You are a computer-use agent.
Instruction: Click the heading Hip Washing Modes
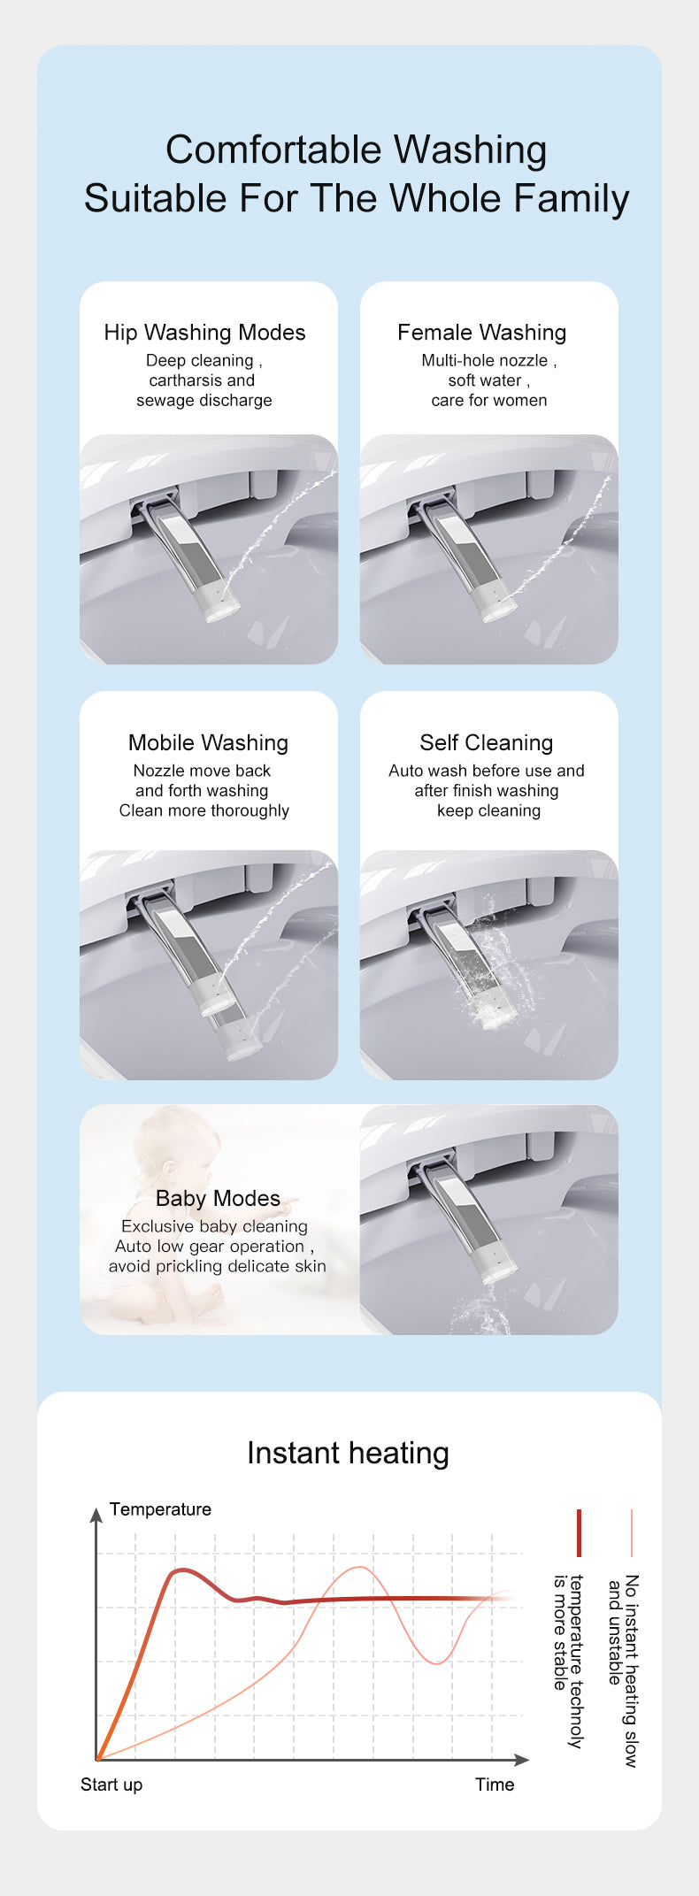pyautogui.click(x=204, y=333)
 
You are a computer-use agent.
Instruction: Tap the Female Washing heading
pyautogui.click(x=481, y=333)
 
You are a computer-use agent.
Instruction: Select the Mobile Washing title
pyautogui.click(x=208, y=743)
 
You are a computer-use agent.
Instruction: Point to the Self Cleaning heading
pyautogui.click(x=486, y=743)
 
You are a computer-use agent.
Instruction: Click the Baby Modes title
pyautogui.click(x=218, y=1199)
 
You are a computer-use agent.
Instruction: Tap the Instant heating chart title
pyautogui.click(x=348, y=1453)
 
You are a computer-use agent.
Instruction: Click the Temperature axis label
pyautogui.click(x=160, y=1509)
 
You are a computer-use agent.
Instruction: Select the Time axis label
pyautogui.click(x=495, y=1785)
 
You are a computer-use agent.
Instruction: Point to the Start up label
pyautogui.click(x=111, y=1785)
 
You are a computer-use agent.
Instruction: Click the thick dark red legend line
pyautogui.click(x=579, y=1533)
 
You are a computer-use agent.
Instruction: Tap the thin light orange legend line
pyautogui.click(x=632, y=1533)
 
